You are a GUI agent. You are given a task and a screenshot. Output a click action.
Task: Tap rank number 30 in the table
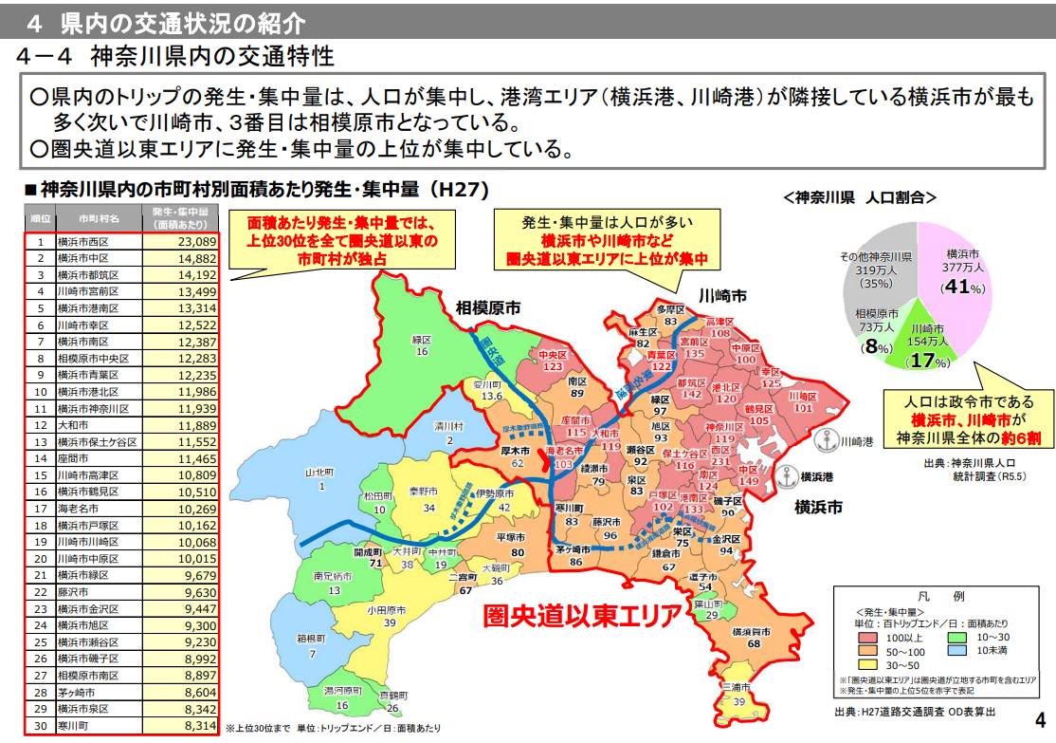(x=40, y=726)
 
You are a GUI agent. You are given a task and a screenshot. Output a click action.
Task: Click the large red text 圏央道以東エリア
(x=582, y=616)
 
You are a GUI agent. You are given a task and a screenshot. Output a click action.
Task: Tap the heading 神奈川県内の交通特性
(x=212, y=56)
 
